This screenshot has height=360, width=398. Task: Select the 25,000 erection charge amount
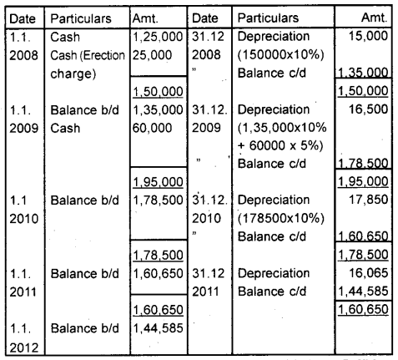click(150, 54)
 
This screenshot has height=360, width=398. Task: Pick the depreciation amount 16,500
click(372, 109)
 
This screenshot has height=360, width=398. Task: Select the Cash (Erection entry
click(89, 54)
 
